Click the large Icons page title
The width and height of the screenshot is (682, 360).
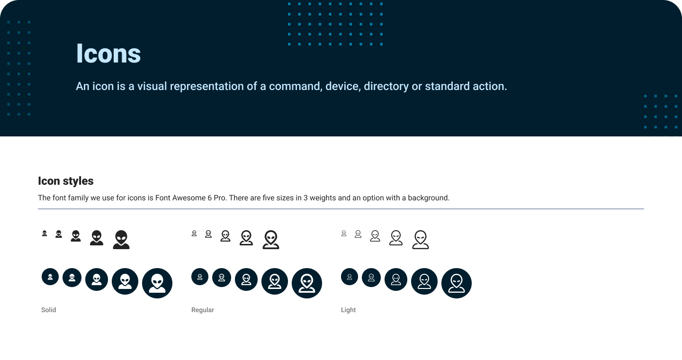pos(108,54)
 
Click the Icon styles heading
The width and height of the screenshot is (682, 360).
pos(65,181)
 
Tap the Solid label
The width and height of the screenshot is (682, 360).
pos(49,310)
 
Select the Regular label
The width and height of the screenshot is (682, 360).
pos(203,310)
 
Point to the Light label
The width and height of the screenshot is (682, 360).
pos(348,310)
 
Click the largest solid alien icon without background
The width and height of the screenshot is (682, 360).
pos(121,240)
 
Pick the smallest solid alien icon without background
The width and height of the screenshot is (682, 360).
pos(45,234)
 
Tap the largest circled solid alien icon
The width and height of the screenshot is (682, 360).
pos(157,283)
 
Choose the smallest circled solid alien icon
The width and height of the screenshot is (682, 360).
pos(50,277)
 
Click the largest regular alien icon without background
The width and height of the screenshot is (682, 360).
pos(271,240)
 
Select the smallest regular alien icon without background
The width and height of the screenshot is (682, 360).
pos(194,234)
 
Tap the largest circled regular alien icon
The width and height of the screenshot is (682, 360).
pos(307,283)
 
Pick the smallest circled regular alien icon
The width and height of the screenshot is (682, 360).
pos(200,277)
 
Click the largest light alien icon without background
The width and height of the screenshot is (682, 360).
pos(421,240)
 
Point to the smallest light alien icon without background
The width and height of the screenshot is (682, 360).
pos(344,234)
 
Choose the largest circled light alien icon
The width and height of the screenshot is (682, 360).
pos(457,283)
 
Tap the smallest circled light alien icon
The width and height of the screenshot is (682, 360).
pos(350,277)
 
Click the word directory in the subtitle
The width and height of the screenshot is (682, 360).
pos(386,87)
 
